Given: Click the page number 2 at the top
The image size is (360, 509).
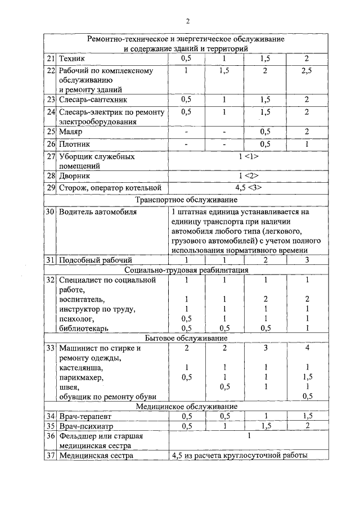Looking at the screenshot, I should pos(188,21).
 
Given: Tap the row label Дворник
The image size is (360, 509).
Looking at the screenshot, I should pos(76,177).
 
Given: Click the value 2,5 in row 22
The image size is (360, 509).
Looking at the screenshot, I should pos(307,71).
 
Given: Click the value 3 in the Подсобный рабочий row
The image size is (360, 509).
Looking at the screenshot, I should pos(307,260).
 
